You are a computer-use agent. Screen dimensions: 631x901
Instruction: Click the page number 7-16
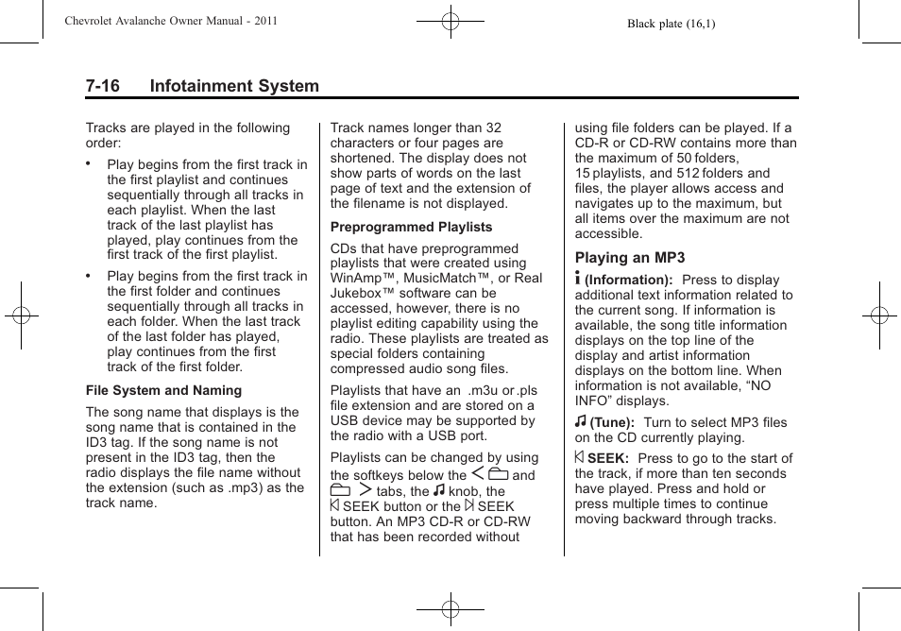pos(102,86)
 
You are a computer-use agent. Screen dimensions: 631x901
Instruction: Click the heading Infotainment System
pos(234,86)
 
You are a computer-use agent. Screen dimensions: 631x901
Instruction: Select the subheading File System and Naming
pos(163,390)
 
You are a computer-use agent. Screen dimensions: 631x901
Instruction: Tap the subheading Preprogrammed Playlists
pos(411,227)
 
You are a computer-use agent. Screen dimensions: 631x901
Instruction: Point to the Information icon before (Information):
pos(579,279)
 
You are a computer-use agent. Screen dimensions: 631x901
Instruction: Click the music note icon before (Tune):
pos(581,421)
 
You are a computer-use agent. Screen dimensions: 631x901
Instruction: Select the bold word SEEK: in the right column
pos(608,458)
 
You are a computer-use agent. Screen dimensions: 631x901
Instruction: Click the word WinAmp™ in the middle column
pos(364,278)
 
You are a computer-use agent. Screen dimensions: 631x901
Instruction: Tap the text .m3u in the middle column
pos(484,390)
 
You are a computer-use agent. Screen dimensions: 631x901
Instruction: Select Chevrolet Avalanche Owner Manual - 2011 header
pos(171,21)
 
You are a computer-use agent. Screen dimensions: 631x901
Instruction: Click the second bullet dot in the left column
pos(88,276)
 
